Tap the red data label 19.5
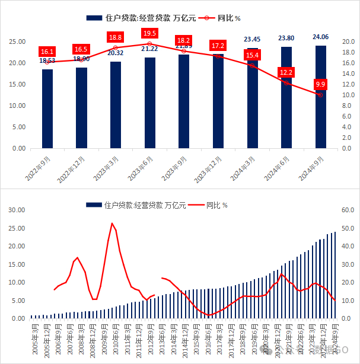tap(149, 33)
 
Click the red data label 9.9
tap(320, 84)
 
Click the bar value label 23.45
tap(252, 40)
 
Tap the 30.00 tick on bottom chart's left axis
tap(15, 210)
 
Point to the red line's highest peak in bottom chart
tap(112, 223)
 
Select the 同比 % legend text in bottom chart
tap(217, 205)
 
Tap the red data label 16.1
tap(47, 52)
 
